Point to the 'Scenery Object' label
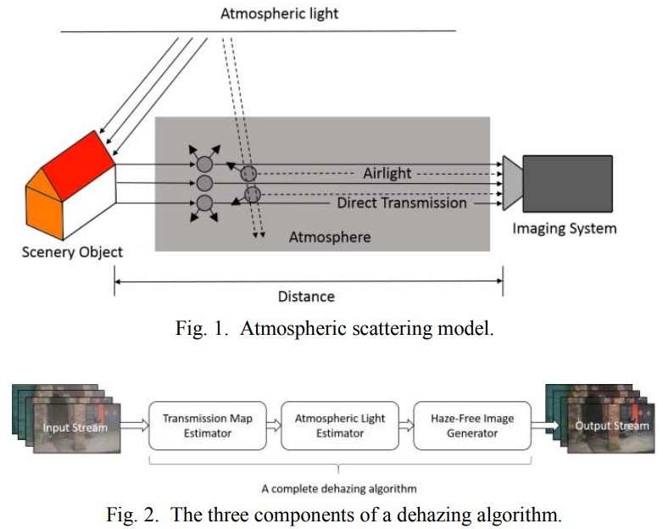[72, 252]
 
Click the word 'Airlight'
[387, 173]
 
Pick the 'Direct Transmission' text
[402, 203]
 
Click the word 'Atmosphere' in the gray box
[330, 237]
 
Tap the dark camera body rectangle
[567, 183]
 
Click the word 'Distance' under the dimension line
[306, 296]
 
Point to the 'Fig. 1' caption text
[331, 329]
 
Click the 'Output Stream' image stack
[601, 424]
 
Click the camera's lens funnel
[512, 182]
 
